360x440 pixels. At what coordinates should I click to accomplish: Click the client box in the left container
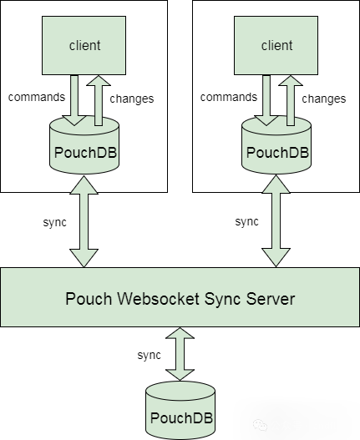tap(84, 45)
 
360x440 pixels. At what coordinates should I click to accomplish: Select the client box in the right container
tap(276, 45)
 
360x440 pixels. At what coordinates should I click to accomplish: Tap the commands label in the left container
tap(37, 97)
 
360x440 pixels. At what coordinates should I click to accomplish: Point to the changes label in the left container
tap(132, 99)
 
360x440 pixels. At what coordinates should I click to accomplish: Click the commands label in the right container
tap(229, 97)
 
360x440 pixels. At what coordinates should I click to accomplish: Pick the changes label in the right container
tap(324, 99)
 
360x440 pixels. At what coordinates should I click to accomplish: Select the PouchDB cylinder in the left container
tap(84, 149)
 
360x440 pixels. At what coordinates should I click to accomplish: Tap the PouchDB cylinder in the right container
tap(276, 149)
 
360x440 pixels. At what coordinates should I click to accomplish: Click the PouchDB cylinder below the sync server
tap(180, 410)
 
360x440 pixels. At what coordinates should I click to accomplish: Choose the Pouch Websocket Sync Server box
tap(180, 297)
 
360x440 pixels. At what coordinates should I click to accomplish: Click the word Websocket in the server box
tap(158, 298)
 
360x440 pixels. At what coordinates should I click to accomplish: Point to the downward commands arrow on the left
tap(74, 100)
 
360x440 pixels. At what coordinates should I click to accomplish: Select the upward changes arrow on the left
tap(99, 100)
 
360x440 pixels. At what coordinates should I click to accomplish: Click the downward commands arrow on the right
tap(266, 100)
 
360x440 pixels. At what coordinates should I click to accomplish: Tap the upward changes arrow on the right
tap(291, 100)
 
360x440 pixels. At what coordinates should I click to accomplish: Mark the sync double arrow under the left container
tap(84, 221)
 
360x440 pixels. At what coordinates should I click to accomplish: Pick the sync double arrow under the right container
tap(276, 221)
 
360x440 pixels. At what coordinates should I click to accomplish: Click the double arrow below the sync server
tap(180, 354)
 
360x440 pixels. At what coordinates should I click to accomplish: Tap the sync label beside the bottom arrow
tap(150, 355)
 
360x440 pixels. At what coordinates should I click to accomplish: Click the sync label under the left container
tap(55, 223)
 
